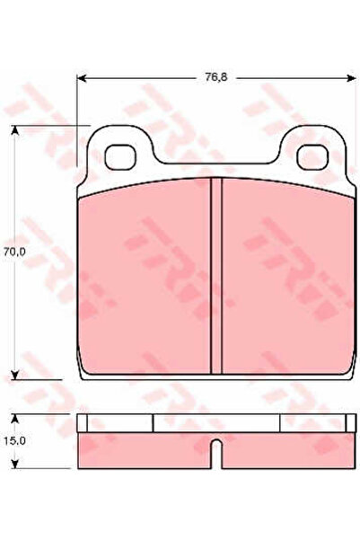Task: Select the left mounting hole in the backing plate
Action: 118,155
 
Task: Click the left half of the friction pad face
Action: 144,279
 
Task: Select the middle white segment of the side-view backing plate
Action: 215,423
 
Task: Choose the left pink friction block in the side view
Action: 144,448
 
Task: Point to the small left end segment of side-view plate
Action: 83,423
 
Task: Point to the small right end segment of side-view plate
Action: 347,423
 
